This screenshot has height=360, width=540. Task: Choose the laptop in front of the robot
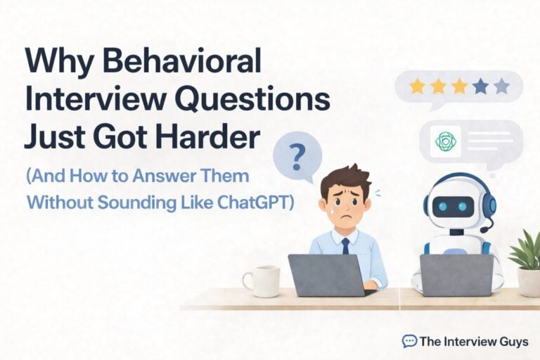point(457,275)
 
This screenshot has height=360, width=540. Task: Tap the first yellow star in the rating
point(417,86)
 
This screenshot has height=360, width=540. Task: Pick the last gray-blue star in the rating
point(501,86)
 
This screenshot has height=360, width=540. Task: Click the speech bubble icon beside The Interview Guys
point(409,341)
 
